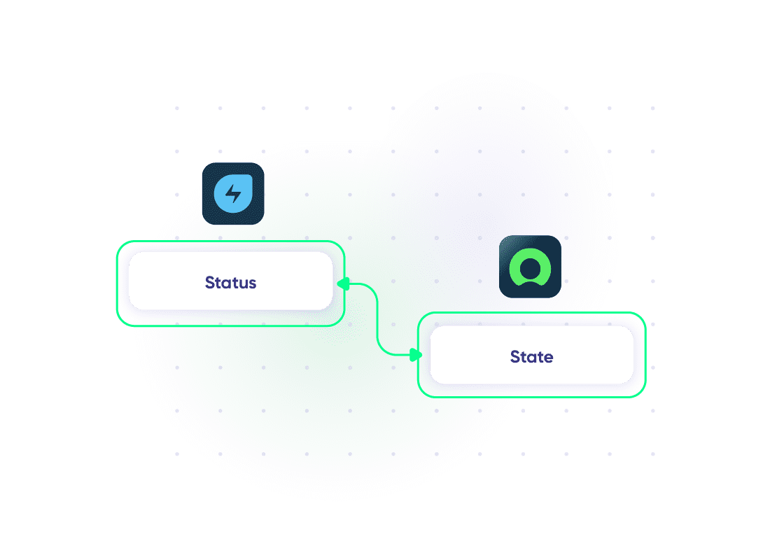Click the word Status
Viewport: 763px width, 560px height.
pyautogui.click(x=231, y=283)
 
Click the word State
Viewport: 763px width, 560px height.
pyautogui.click(x=531, y=356)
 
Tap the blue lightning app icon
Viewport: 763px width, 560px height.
pyautogui.click(x=233, y=194)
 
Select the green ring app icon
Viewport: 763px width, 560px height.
pyautogui.click(x=530, y=267)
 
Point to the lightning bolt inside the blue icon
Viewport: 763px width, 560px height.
pyautogui.click(x=233, y=194)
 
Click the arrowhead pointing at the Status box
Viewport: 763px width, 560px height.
pyautogui.click(x=343, y=283)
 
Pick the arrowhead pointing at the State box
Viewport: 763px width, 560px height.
pyautogui.click(x=416, y=355)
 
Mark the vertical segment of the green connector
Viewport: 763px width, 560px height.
pyautogui.click(x=377, y=319)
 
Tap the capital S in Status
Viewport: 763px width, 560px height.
pyautogui.click(x=210, y=283)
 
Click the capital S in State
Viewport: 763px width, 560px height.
pyautogui.click(x=515, y=356)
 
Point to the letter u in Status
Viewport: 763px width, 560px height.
pyautogui.click(x=244, y=284)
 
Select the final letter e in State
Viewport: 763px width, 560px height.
pyautogui.click(x=548, y=358)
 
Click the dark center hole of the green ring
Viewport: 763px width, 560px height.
pyautogui.click(x=530, y=267)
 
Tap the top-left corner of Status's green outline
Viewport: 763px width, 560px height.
pyautogui.click(x=118, y=241)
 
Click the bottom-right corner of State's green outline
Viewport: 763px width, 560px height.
pyautogui.click(x=645, y=396)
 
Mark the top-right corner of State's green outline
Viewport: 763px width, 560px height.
pyautogui.click(x=645, y=313)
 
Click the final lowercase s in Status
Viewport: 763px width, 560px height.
pyautogui.click(x=253, y=284)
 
